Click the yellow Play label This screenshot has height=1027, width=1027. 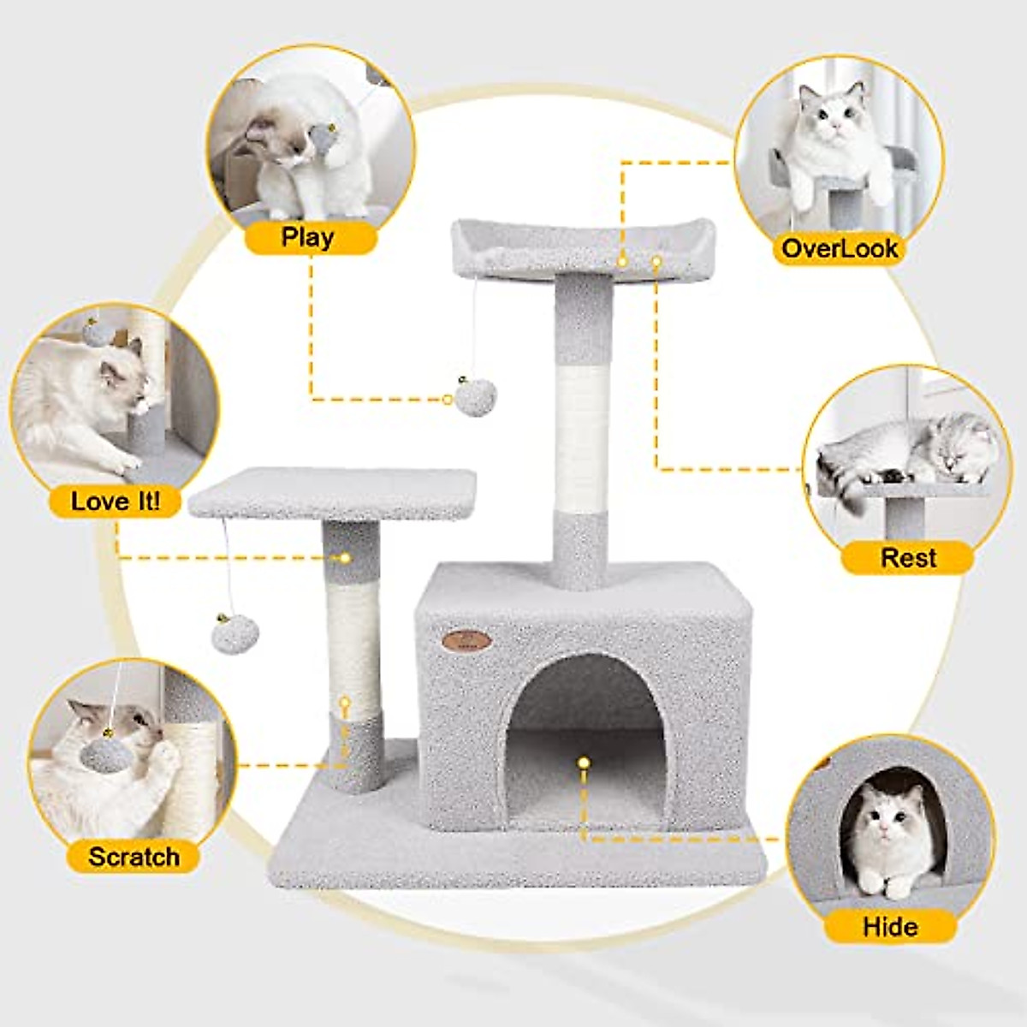coord(309,237)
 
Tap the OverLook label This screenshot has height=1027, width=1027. coord(827,249)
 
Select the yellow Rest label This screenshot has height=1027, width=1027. coord(908,558)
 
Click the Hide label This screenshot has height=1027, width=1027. coord(890,926)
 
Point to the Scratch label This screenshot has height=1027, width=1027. coord(134,857)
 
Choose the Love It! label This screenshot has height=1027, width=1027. coord(116,501)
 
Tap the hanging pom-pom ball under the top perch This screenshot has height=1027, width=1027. coord(476,398)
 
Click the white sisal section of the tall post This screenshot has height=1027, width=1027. coord(583,437)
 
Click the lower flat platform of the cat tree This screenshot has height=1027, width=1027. coord(332,493)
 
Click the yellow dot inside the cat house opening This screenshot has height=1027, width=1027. coord(584,761)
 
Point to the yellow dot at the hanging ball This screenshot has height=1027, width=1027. coord(448,399)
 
